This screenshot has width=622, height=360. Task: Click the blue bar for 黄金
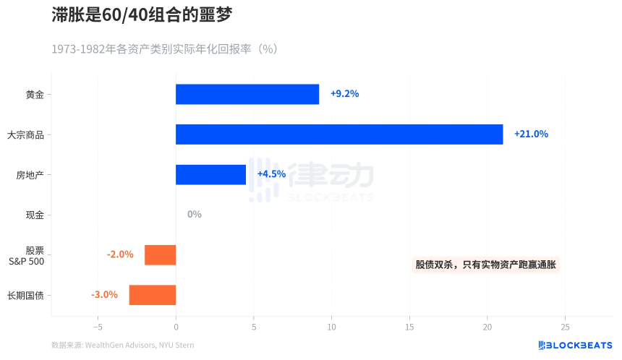tap(247, 94)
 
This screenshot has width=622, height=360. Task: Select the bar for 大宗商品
tap(339, 134)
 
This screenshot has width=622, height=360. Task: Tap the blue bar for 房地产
tap(210, 174)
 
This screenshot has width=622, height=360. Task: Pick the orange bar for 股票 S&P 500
tap(160, 254)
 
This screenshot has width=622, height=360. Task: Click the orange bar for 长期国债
tap(152, 295)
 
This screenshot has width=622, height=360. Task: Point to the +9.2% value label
tap(344, 94)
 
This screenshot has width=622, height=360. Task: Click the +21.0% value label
tap(531, 134)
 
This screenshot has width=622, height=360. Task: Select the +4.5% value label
tap(271, 174)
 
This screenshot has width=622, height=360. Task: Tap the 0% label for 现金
tap(194, 215)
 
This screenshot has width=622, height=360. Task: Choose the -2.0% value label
tap(120, 254)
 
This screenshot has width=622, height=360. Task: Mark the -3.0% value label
tap(104, 295)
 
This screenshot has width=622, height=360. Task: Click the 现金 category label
tap(35, 215)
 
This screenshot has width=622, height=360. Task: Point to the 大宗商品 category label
tap(25, 134)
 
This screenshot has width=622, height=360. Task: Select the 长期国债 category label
tap(25, 295)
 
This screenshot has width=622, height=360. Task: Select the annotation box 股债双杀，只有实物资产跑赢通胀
tap(486, 265)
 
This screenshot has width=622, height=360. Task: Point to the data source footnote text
tap(123, 346)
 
